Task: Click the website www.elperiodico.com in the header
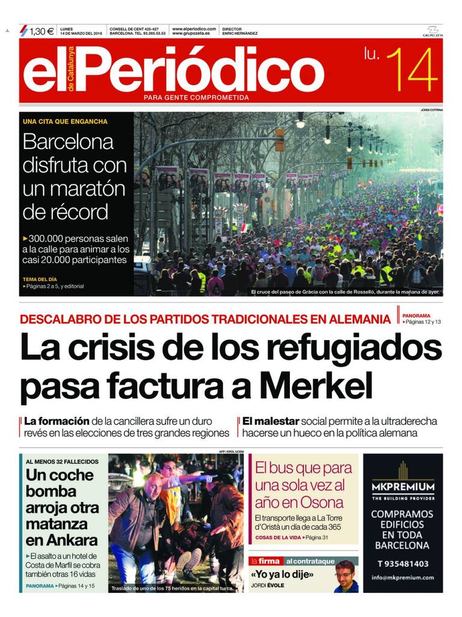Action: click(x=194, y=29)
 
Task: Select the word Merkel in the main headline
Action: click(x=316, y=383)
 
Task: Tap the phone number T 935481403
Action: click(x=402, y=564)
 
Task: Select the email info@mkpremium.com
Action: click(x=402, y=578)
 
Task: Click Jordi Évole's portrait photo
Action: click(x=345, y=576)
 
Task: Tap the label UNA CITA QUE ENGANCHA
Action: click(x=65, y=121)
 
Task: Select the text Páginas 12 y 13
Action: click(x=423, y=322)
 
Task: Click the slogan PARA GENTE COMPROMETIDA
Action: click(x=196, y=98)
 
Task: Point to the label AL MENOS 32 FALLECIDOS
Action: click(x=62, y=461)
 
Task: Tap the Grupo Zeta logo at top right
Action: click(x=432, y=31)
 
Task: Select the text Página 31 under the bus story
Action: click(x=318, y=537)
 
